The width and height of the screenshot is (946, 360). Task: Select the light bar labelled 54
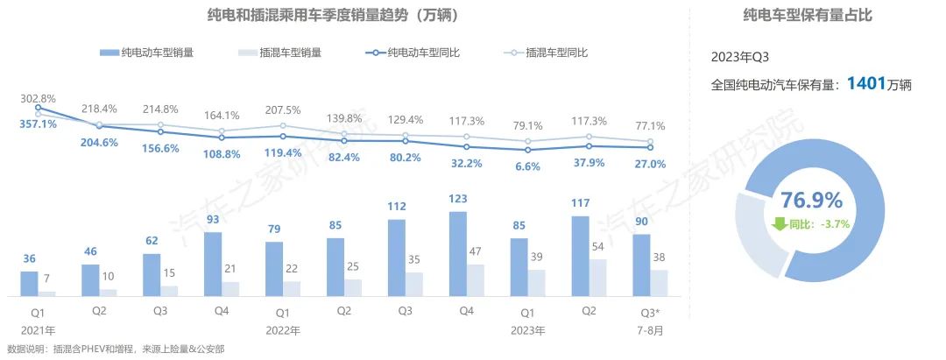[x=598, y=278]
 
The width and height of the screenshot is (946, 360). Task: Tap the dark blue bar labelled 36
[x=29, y=284]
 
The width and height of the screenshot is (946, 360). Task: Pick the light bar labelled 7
[x=46, y=293]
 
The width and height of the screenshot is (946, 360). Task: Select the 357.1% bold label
[x=37, y=124]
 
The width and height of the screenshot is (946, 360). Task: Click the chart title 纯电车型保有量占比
[x=807, y=16]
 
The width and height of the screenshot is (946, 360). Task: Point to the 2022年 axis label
[x=282, y=331]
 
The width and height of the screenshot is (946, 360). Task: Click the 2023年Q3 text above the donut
[x=742, y=58]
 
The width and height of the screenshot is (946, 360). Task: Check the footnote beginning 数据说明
[x=115, y=349]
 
